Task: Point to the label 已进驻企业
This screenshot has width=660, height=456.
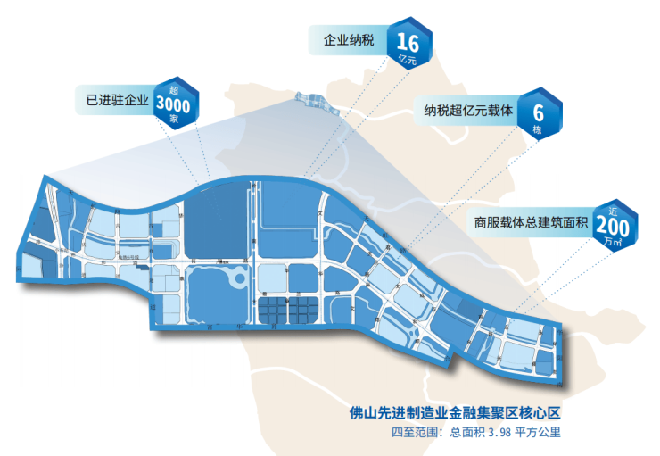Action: [112, 100]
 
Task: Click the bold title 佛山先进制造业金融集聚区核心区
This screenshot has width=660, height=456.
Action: [458, 414]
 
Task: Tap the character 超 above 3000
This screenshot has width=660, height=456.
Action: [175, 87]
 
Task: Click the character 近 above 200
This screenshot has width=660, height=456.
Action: [614, 211]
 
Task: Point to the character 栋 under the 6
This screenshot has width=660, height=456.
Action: [538, 130]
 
